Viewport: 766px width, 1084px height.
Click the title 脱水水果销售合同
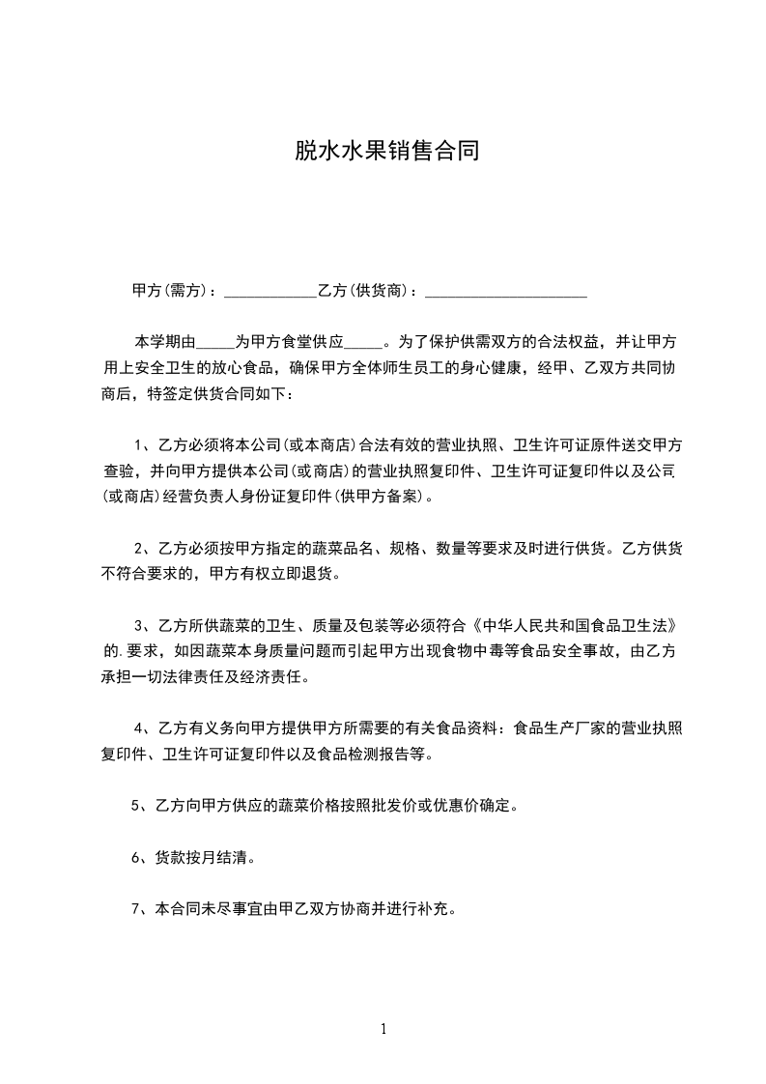click(386, 152)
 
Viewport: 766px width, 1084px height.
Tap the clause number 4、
click(145, 727)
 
